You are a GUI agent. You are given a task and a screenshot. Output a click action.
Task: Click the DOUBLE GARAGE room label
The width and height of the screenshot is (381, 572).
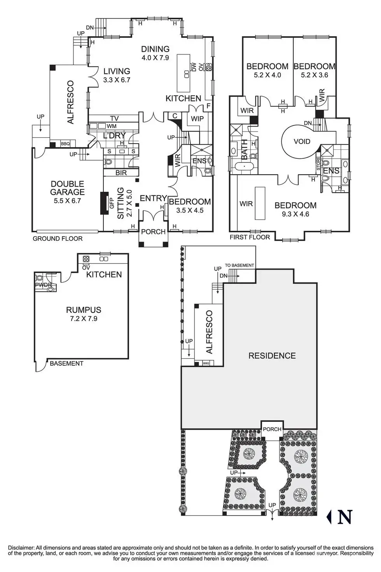click(x=67, y=188)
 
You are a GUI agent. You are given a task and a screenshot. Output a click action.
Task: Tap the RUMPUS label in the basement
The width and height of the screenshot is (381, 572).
click(x=84, y=310)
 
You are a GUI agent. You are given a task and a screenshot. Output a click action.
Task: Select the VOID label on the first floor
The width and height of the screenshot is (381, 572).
click(x=302, y=142)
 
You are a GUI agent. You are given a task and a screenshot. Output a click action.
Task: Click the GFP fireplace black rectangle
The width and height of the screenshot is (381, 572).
click(x=105, y=203)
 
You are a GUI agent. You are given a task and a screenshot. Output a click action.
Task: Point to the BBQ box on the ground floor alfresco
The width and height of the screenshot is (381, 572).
click(x=65, y=144)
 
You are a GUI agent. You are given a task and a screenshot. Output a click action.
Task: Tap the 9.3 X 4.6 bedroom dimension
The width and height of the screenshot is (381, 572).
click(x=295, y=214)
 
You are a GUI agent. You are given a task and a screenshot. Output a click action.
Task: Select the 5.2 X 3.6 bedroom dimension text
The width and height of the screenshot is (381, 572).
click(x=315, y=75)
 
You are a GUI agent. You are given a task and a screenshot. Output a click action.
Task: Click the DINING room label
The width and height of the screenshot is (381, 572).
click(x=155, y=49)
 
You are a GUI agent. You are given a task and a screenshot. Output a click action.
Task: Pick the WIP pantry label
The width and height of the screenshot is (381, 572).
click(x=197, y=118)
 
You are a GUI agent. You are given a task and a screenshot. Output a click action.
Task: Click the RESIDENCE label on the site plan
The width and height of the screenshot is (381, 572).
click(x=272, y=356)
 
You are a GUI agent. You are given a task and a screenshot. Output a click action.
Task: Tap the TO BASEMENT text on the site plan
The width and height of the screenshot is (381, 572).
click(x=239, y=265)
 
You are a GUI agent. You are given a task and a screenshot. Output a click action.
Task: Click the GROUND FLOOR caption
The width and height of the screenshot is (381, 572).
click(x=58, y=239)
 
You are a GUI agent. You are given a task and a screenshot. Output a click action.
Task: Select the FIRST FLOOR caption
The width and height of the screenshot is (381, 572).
click(x=250, y=237)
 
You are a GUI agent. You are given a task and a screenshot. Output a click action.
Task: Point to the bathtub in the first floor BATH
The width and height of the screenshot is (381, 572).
click(x=245, y=167)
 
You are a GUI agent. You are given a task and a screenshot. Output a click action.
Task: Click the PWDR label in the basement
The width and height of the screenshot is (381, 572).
click(x=44, y=285)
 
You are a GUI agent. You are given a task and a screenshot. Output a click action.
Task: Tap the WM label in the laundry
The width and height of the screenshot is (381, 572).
click(x=112, y=126)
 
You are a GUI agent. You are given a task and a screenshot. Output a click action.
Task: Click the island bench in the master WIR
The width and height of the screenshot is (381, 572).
click(x=260, y=203)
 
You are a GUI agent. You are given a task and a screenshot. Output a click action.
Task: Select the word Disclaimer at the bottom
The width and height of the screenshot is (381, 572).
click(x=21, y=548)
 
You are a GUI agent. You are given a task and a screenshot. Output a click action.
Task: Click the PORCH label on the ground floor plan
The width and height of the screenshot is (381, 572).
click(x=153, y=232)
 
